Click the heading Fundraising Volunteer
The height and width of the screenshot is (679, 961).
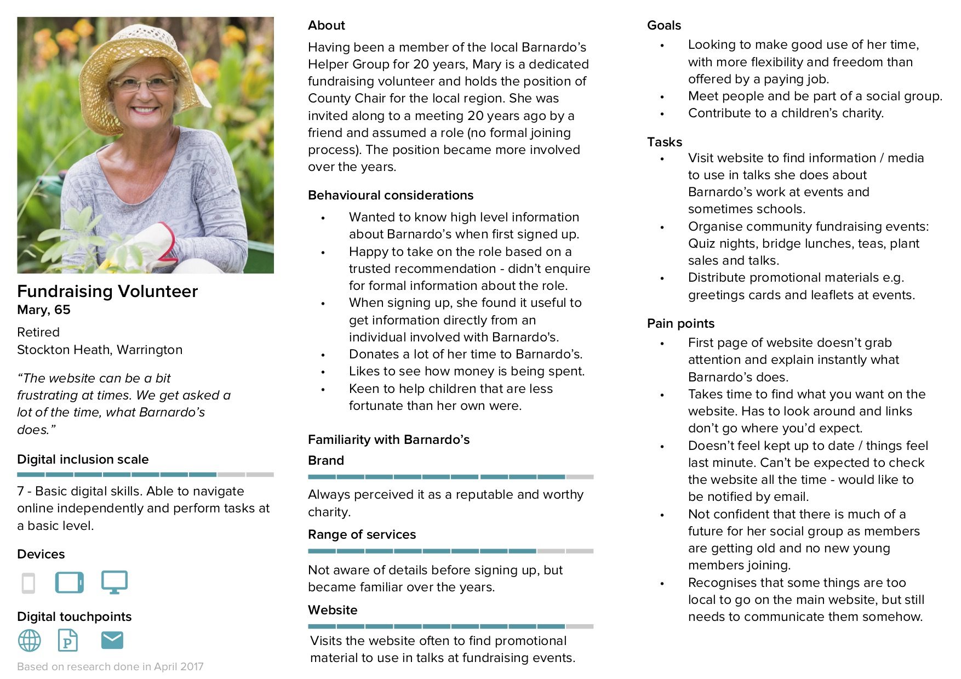(x=107, y=291)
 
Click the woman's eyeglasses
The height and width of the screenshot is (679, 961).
(x=144, y=84)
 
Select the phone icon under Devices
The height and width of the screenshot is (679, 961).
(x=28, y=583)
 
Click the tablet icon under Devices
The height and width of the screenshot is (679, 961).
(x=70, y=583)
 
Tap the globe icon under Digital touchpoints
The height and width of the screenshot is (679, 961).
(x=30, y=640)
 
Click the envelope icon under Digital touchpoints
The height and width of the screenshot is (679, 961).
(x=112, y=640)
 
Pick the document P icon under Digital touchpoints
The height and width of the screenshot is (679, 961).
(x=68, y=640)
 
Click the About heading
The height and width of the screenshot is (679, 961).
(x=327, y=25)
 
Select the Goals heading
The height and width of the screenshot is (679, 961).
(x=664, y=25)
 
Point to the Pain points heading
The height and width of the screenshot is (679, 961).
(x=680, y=323)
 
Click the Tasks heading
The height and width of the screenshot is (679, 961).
(x=665, y=142)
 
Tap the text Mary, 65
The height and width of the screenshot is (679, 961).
(x=44, y=310)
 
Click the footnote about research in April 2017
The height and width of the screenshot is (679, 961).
(x=110, y=666)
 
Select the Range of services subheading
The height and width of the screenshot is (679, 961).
(x=362, y=534)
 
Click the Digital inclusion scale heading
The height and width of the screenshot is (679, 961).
(x=83, y=459)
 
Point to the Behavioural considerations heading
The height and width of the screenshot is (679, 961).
(x=391, y=195)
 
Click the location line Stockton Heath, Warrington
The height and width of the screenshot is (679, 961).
(x=100, y=350)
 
